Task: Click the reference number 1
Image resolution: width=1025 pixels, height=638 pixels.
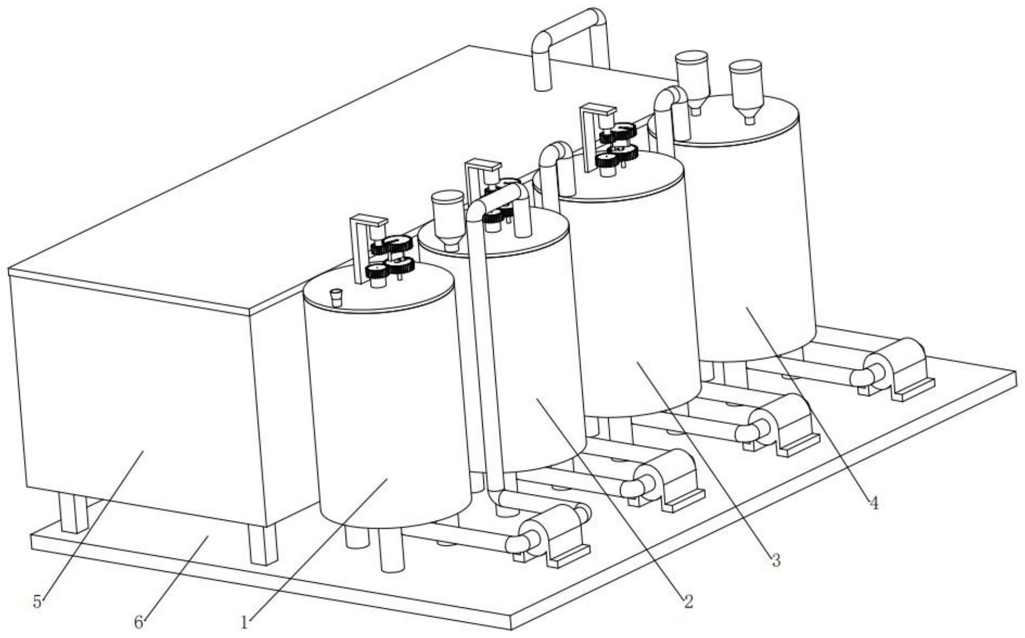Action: pyautogui.click(x=244, y=621)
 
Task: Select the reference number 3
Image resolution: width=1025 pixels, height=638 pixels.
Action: pyautogui.click(x=775, y=560)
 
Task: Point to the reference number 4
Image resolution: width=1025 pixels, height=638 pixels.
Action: pyautogui.click(x=874, y=503)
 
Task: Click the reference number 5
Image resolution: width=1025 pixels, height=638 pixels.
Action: pyautogui.click(x=37, y=602)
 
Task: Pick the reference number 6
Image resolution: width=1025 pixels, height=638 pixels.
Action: pyautogui.click(x=138, y=622)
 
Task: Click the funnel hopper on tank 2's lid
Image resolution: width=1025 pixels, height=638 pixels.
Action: pyautogui.click(x=448, y=218)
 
